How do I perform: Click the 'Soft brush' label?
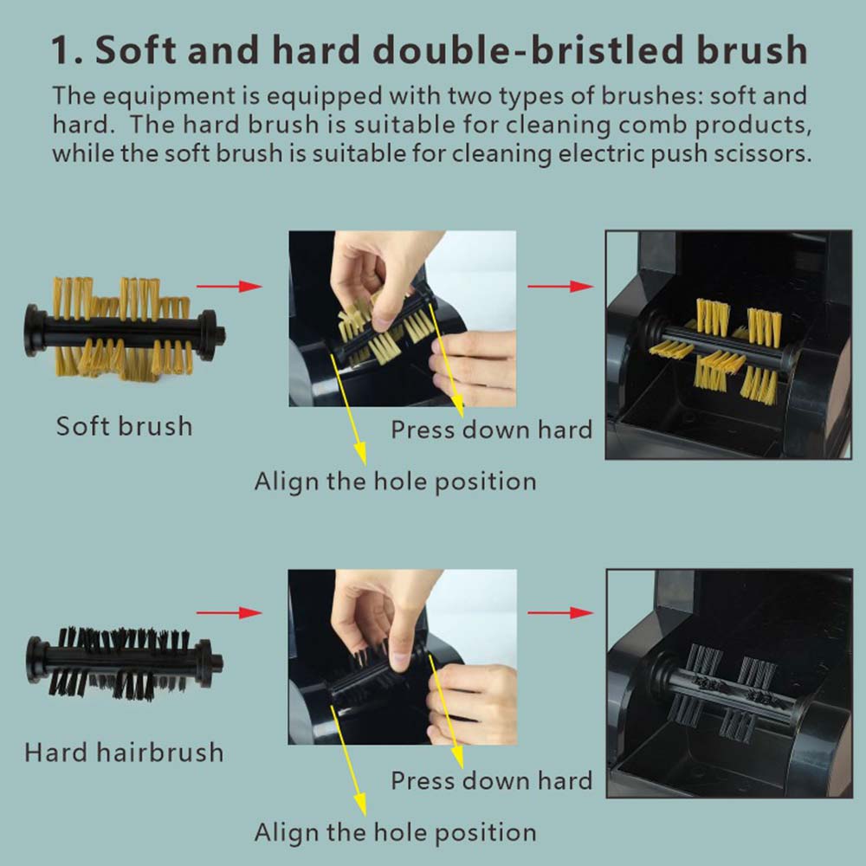[124, 426]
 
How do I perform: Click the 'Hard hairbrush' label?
[124, 753]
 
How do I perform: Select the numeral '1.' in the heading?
[67, 51]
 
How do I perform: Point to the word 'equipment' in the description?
[169, 97]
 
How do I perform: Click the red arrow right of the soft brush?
[229, 286]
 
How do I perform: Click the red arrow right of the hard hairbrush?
[229, 612]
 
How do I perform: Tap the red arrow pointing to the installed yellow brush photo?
[560, 286]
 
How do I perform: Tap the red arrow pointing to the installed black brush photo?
[560, 612]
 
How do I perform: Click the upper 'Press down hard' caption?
[492, 430]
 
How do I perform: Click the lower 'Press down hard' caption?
[492, 781]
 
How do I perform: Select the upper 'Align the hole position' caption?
[396, 481]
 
